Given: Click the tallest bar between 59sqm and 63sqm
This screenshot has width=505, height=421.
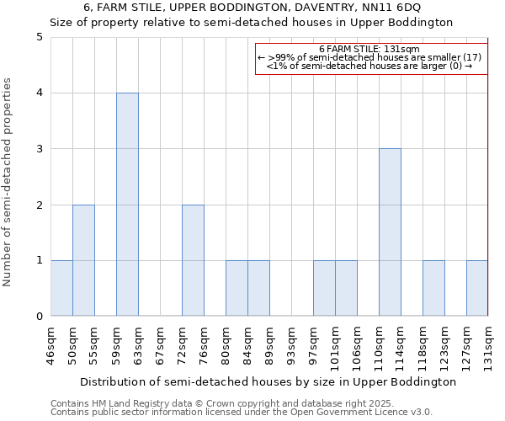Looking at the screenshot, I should (x=127, y=205).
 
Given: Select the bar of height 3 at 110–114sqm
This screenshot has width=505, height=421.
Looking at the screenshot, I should (x=390, y=232).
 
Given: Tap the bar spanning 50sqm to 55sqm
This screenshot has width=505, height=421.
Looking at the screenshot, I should (x=83, y=260).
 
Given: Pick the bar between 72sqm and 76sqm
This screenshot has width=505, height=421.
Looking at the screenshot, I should (x=193, y=260).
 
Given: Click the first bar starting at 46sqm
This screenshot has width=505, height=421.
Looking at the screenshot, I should (x=61, y=288).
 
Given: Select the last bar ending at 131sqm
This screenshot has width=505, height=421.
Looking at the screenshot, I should (x=477, y=288).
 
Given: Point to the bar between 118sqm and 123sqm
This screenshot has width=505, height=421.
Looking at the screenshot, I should (x=433, y=288).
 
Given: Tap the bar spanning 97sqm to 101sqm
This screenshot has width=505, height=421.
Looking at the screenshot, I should (x=324, y=288).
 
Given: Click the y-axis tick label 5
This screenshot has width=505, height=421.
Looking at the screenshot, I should (x=40, y=37).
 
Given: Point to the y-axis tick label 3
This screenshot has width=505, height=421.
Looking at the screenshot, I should (x=40, y=149).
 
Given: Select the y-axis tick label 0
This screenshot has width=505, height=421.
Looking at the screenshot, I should (x=40, y=317).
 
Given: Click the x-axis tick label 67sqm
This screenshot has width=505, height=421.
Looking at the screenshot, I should (x=160, y=344).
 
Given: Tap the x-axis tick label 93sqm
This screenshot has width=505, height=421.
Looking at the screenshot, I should (x=291, y=344).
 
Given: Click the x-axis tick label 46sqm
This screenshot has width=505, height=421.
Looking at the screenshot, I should (x=50, y=344).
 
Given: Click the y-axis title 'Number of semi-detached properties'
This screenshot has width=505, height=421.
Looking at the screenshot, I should (x=8, y=182).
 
